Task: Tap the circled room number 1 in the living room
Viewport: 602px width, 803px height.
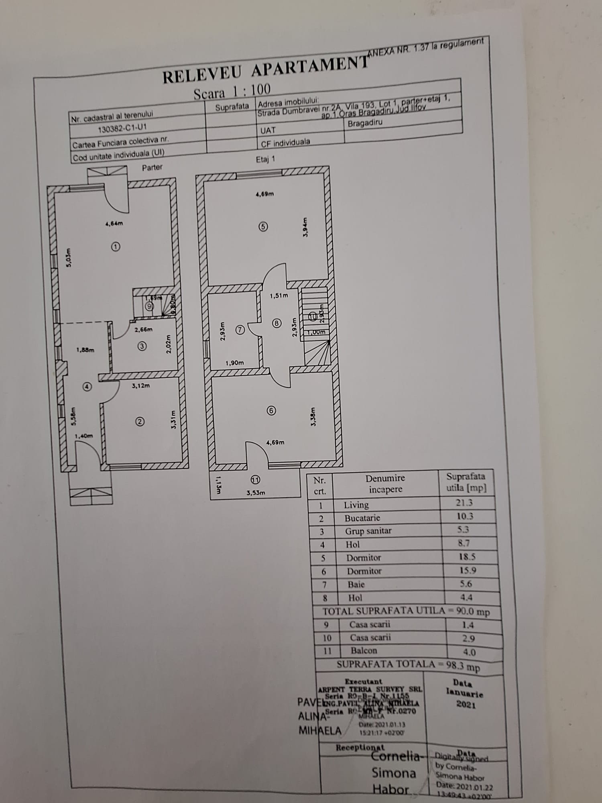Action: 116,247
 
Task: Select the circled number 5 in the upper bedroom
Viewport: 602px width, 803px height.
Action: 263,227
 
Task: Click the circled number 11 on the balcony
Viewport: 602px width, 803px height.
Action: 255,479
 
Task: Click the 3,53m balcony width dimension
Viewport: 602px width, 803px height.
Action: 256,493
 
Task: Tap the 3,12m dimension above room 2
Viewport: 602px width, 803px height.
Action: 141,386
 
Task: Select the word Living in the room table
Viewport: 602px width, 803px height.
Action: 356,505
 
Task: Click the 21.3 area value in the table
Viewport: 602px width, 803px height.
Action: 464,502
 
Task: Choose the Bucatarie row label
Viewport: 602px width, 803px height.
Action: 362,518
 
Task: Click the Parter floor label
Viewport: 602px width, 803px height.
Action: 152,167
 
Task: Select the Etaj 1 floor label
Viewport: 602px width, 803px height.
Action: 266,159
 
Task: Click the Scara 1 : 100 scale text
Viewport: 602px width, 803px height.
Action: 232,91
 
